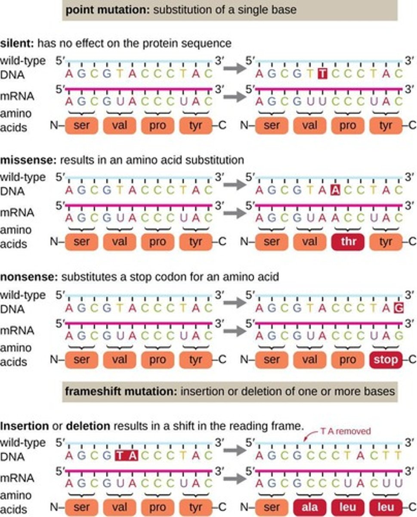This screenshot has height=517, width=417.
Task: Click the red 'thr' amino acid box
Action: coord(348,242)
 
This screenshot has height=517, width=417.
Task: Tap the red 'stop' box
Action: coord(386,359)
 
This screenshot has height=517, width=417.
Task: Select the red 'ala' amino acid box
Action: coord(309,507)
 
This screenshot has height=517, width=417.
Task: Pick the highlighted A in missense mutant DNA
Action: coord(336,190)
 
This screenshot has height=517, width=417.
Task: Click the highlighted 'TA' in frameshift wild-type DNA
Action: coord(127,455)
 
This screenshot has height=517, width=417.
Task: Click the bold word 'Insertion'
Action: coord(24,426)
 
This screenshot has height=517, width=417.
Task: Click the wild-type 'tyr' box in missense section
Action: coord(196,243)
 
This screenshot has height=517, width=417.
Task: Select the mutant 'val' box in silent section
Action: coord(309,125)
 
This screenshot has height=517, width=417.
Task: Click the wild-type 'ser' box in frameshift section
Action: coord(81,507)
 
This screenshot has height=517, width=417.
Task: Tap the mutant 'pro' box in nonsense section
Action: coord(348,359)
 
